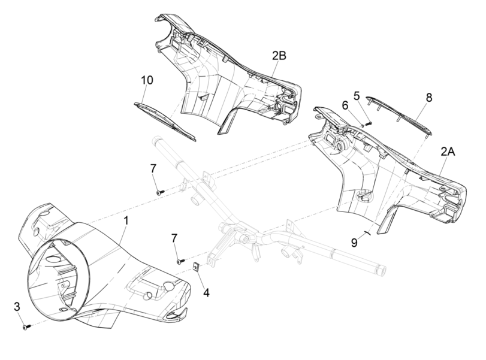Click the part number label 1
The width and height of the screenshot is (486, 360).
(126, 222)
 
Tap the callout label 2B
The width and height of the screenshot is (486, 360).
(279, 56)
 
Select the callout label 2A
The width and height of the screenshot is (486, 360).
(448, 153)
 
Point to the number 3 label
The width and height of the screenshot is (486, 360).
(18, 307)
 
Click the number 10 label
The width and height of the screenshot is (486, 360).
(147, 80)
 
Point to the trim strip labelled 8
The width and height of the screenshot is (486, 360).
(401, 113)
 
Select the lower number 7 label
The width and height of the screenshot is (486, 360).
(174, 238)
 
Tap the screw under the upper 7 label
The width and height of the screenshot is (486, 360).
(159, 192)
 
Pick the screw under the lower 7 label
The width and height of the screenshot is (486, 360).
(179, 261)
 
